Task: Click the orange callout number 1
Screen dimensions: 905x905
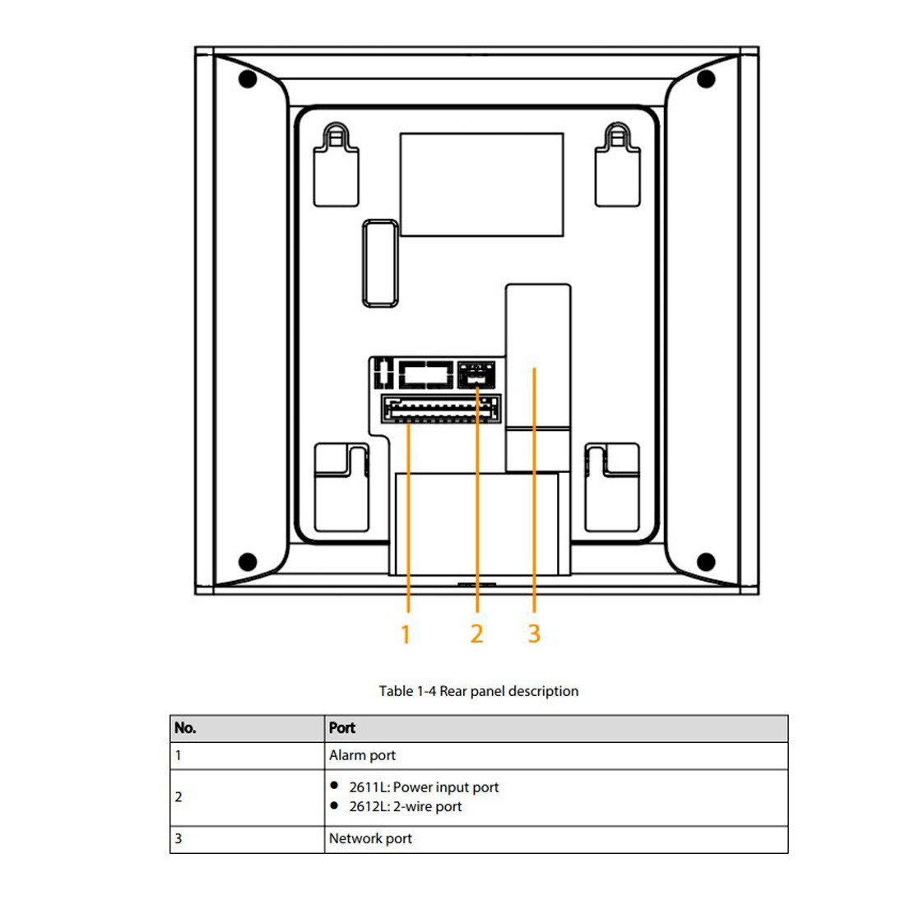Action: pyautogui.click(x=406, y=634)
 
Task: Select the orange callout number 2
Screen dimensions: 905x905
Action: pyautogui.click(x=476, y=633)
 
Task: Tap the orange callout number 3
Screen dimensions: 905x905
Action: pyautogui.click(x=534, y=633)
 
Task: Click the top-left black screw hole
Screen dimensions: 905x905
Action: pyautogui.click(x=248, y=78)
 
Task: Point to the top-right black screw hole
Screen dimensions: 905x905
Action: pyautogui.click(x=706, y=78)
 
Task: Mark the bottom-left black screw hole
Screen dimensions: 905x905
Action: pyautogui.click(x=248, y=561)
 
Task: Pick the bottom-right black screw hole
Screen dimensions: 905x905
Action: pyautogui.click(x=706, y=561)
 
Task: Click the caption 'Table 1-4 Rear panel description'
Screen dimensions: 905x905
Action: pyautogui.click(x=479, y=691)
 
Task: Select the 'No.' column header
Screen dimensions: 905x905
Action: pyautogui.click(x=185, y=728)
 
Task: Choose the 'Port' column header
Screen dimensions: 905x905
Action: pyautogui.click(x=341, y=728)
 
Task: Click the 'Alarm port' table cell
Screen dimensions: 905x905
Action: pyautogui.click(x=363, y=755)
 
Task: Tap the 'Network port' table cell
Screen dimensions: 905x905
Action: pyautogui.click(x=370, y=838)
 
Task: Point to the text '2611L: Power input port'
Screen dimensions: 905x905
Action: pyautogui.click(x=424, y=787)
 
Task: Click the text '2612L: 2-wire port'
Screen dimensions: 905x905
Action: pyautogui.click(x=405, y=806)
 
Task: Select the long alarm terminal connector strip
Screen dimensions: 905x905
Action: pyautogui.click(x=440, y=409)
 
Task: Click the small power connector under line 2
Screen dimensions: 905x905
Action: pyautogui.click(x=476, y=374)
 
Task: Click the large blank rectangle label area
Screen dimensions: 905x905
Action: pyautogui.click(x=482, y=184)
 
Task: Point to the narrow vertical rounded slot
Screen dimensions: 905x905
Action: pyautogui.click(x=380, y=263)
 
